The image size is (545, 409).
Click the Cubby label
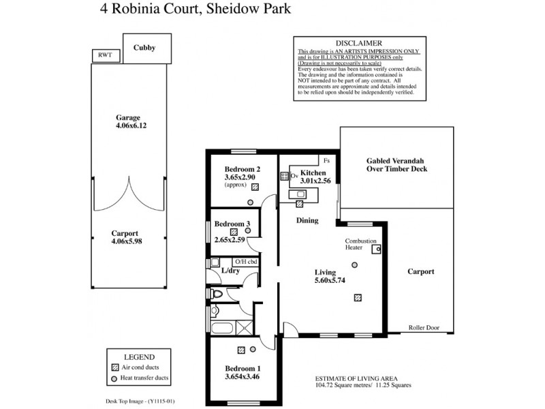click(x=144, y=48)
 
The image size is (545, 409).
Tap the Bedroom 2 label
click(x=243, y=169)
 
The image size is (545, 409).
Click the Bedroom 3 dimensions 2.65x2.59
click(x=233, y=240)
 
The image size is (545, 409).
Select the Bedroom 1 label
click(x=243, y=369)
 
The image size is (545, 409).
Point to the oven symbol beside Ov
click(x=284, y=176)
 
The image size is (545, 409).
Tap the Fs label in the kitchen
click(x=327, y=161)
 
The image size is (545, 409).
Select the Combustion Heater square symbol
click(x=375, y=250)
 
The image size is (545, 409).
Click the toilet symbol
click(x=217, y=294)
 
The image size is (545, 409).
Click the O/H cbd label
click(x=246, y=262)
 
